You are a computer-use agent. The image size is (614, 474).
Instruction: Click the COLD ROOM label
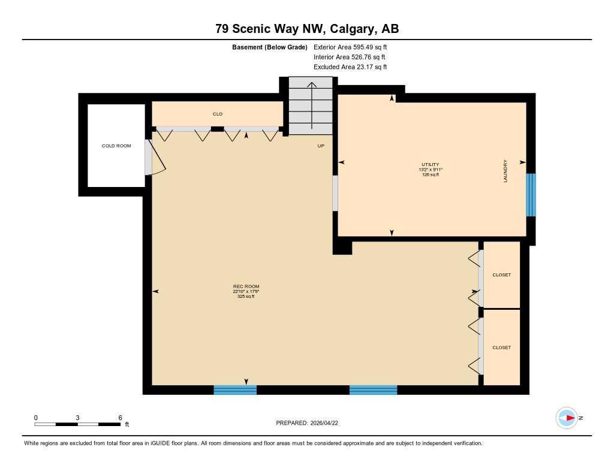click(x=116, y=146)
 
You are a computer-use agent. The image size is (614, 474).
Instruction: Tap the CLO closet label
click(x=217, y=114)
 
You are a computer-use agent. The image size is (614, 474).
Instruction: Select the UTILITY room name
click(x=430, y=164)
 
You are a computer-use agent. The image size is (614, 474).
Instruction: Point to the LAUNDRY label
click(x=505, y=171)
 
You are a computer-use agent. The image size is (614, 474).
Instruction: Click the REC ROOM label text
click(x=246, y=286)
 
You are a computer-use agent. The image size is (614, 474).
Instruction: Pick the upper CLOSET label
click(x=501, y=275)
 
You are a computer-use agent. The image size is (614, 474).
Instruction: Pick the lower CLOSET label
click(x=501, y=348)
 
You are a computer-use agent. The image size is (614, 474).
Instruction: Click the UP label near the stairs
click(x=321, y=146)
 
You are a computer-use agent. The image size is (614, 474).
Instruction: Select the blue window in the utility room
click(x=531, y=195)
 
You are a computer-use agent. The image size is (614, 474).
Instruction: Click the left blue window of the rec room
click(x=235, y=390)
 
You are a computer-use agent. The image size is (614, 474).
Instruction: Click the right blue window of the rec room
click(x=373, y=390)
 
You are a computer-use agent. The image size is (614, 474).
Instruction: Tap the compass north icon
click(x=567, y=418)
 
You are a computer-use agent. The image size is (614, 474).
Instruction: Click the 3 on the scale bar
click(x=78, y=418)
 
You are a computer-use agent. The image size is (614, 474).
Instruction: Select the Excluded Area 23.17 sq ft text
click(x=350, y=67)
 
